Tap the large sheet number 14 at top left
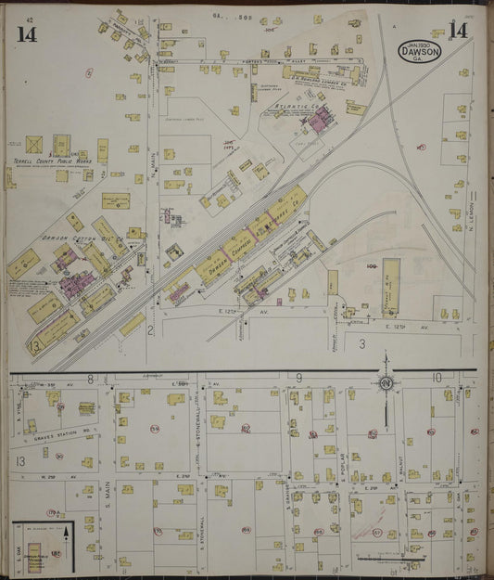[27, 34]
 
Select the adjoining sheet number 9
[301, 377]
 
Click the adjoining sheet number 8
[91, 378]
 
